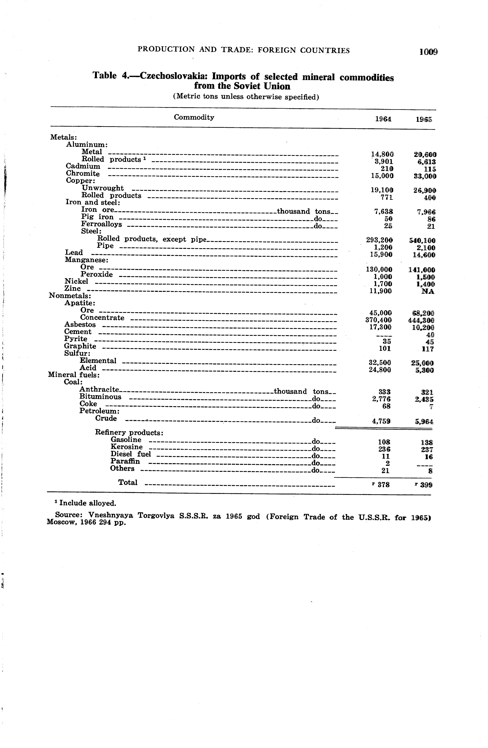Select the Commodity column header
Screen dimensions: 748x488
pos(194,117)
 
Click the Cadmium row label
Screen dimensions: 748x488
pos(83,166)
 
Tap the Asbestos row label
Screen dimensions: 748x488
pos(80,324)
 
